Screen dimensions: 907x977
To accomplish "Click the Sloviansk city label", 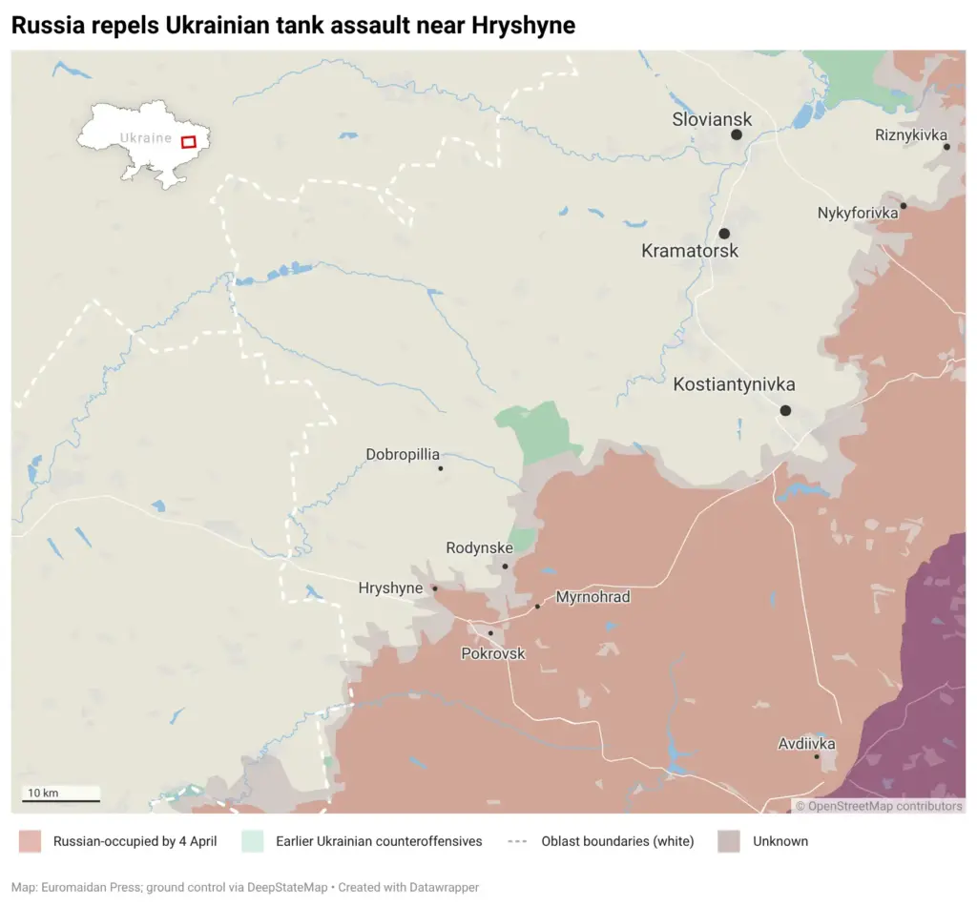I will (711, 119).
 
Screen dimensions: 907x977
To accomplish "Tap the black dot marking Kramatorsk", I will (724, 234).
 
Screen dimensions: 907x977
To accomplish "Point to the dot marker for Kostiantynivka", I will (785, 410).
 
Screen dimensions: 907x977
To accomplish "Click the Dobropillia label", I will (403, 455).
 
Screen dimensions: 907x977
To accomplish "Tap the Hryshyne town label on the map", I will (390, 588).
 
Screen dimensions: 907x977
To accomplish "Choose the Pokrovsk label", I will (492, 653).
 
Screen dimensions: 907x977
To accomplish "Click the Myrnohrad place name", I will (592, 597).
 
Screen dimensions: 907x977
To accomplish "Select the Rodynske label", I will (479, 548).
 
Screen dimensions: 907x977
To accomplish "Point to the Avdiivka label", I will (806, 743).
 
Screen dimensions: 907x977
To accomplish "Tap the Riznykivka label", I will (910, 135).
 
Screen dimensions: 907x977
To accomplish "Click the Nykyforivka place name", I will (858, 213).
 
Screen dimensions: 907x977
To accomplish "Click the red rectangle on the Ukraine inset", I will (188, 142).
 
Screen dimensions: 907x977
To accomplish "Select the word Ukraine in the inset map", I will (145, 138).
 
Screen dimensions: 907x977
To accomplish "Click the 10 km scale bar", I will (61, 800).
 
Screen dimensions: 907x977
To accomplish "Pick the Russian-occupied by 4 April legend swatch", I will (31, 841).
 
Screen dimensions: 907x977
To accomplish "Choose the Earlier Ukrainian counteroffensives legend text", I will (379, 841).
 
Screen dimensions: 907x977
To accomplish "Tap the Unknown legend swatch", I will (729, 841).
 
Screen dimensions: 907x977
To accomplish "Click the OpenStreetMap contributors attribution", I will (879, 806).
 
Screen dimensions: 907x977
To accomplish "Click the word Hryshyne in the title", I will (523, 26).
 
